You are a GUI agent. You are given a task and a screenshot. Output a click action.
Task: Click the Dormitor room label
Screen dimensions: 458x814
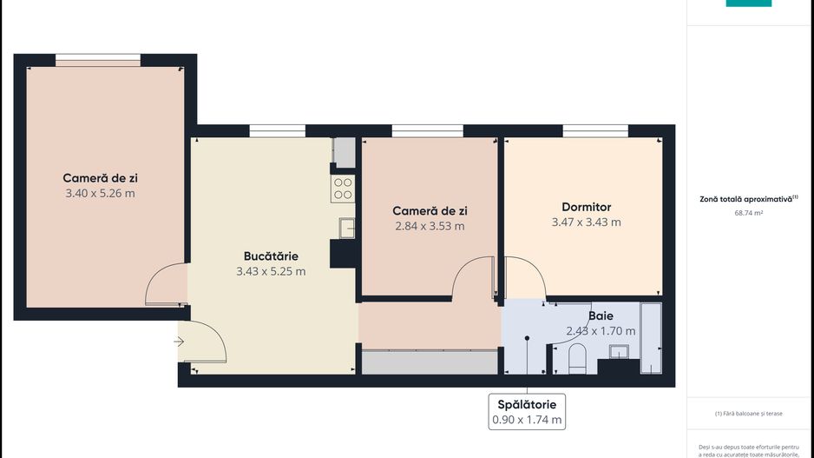586,207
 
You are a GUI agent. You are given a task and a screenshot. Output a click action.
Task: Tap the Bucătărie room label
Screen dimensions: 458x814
271,256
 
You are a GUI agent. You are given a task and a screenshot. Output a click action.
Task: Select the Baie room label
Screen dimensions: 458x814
601,315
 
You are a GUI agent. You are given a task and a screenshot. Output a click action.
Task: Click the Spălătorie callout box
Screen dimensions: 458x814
527,411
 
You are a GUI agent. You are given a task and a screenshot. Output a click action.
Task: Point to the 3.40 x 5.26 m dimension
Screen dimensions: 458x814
100,193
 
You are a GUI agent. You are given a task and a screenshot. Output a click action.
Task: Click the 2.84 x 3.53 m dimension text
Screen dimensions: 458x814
430,226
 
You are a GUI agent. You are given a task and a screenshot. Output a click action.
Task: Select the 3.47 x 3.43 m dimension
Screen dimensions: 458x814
586,222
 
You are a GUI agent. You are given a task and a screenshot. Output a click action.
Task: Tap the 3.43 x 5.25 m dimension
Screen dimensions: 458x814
271,271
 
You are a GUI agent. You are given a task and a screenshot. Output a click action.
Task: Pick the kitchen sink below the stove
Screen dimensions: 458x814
345,227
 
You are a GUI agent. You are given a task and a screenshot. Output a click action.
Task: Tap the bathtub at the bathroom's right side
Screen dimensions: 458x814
651,338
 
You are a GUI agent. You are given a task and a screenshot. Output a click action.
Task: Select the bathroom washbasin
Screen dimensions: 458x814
620,351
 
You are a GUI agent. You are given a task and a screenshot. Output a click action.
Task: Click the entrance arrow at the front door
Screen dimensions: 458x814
179,342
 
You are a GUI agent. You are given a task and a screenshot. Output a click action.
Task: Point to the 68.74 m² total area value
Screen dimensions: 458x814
748,212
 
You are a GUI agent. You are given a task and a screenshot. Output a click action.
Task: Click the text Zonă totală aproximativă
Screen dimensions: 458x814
746,199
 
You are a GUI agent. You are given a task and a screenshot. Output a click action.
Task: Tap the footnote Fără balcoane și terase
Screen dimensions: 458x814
749,414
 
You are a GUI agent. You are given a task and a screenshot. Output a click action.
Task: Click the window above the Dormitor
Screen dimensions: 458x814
595,131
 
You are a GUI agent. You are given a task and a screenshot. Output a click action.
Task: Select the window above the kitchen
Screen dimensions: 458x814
277,131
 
